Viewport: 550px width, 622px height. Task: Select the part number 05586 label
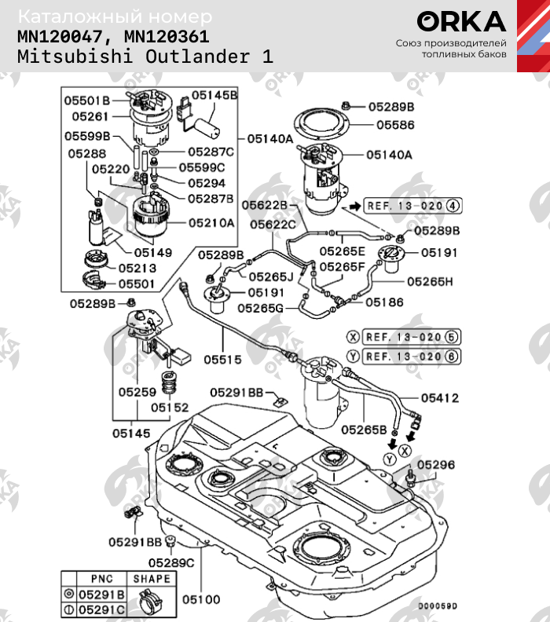click(x=395, y=125)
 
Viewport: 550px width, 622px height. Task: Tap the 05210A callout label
click(x=211, y=223)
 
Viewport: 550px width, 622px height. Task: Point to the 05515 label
click(x=224, y=360)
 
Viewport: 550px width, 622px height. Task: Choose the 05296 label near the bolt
click(x=435, y=465)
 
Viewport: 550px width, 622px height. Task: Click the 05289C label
click(x=171, y=562)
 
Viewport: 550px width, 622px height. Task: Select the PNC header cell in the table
click(x=102, y=578)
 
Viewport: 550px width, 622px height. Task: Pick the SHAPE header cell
click(x=151, y=578)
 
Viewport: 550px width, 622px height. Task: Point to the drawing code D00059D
click(x=437, y=606)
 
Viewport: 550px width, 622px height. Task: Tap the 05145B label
click(x=214, y=95)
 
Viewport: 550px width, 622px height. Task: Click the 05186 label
click(x=384, y=302)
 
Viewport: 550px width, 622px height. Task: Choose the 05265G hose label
click(x=260, y=309)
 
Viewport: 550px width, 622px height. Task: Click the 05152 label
click(x=170, y=408)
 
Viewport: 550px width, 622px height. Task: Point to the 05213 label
click(x=137, y=267)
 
